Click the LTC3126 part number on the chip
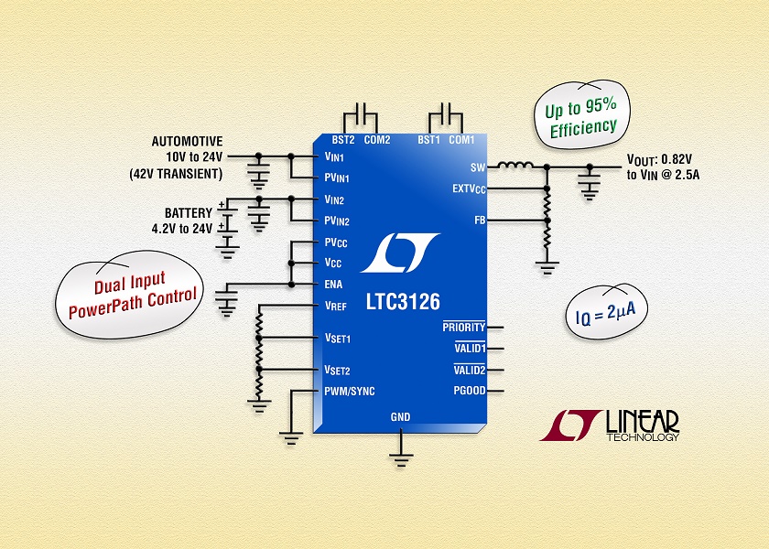[x=403, y=302]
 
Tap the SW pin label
[x=478, y=167]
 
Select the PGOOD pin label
[x=470, y=391]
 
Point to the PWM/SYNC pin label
[x=349, y=392]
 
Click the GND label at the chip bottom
[x=400, y=417]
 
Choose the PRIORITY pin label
[x=463, y=327]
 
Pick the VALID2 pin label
[x=470, y=370]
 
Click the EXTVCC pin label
[x=469, y=189]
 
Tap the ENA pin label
[x=333, y=285]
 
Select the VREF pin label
[x=335, y=306]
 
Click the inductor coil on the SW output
[x=515, y=166]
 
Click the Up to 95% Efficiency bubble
[x=581, y=115]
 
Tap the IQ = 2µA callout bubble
[x=607, y=312]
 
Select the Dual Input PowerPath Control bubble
[x=129, y=294]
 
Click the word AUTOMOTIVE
[x=187, y=142]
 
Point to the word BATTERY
[x=189, y=213]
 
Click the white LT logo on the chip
[x=400, y=253]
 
